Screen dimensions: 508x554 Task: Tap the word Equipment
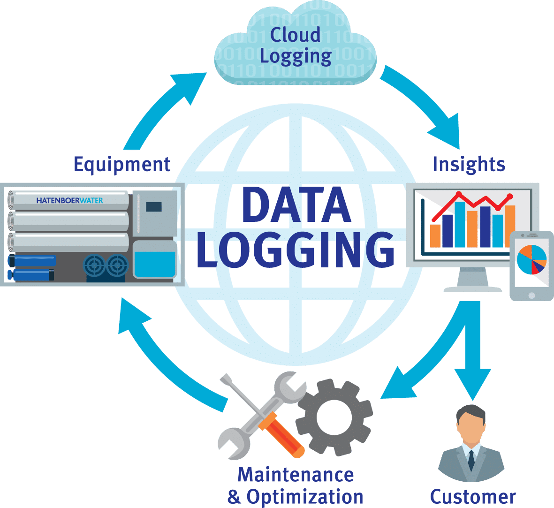tap(122, 165)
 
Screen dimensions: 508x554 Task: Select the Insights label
tap(469, 165)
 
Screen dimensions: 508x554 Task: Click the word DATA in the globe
tap(296, 205)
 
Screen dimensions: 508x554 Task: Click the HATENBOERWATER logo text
tap(69, 200)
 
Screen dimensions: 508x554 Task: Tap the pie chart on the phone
tap(531, 259)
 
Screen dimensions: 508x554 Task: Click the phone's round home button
tap(531, 295)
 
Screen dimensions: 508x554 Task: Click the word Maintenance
tap(296, 475)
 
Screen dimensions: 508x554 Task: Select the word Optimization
tap(305, 496)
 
